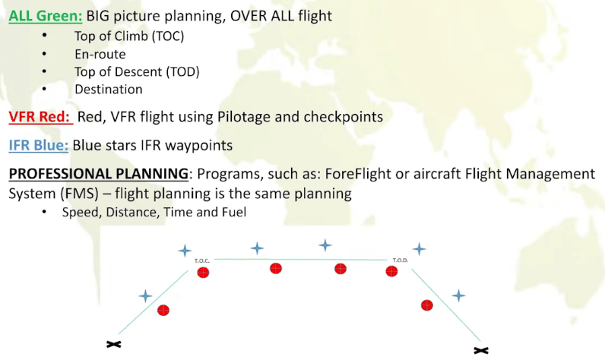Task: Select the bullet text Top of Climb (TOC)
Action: coord(129,36)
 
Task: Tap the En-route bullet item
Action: coord(100,54)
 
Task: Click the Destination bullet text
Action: coord(108,89)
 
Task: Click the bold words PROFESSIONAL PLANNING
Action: coord(99,174)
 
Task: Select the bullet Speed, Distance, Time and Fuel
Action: coord(154,212)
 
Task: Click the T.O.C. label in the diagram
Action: coord(201,260)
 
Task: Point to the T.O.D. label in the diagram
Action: coord(401,260)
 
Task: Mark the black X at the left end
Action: coord(114,344)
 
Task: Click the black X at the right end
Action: coord(480,350)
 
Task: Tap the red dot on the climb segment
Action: coord(163,310)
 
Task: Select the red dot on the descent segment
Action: coord(427,305)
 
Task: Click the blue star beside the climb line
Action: coord(146,295)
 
